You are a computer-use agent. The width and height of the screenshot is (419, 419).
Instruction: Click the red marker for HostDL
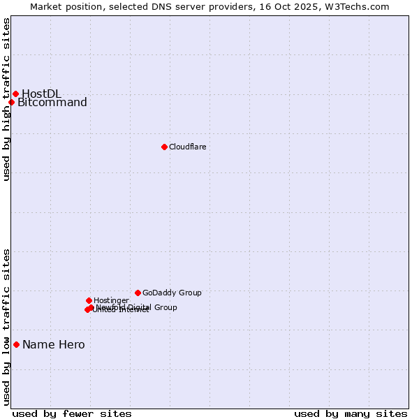pos(15,94)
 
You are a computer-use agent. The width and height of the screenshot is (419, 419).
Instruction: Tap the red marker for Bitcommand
pos(11,103)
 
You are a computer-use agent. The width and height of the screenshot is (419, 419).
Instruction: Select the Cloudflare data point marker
pos(164,147)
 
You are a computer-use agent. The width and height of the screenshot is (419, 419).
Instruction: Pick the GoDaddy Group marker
pos(138,293)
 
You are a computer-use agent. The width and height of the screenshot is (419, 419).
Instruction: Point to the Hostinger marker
pos(89,300)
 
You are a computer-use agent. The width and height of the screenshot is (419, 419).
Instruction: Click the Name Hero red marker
pos(16,344)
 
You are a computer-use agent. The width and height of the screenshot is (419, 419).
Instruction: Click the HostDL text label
pos(41,94)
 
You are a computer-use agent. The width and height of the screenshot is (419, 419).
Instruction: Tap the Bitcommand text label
pos(52,103)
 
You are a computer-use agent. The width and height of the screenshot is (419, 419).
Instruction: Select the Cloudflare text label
pos(187,147)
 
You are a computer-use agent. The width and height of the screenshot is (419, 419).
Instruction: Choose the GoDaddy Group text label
pos(172,293)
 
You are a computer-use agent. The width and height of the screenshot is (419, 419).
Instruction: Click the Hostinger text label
pos(111,300)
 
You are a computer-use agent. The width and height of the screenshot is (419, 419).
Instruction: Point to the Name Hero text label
pos(54,344)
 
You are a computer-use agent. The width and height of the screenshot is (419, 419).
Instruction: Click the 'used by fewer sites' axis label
pos(72,413)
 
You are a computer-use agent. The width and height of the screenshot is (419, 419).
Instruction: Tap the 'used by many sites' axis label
pos(351,413)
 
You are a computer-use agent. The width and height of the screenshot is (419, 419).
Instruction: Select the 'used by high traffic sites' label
pos(7,99)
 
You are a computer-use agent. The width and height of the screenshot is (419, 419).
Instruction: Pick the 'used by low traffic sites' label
pos(7,326)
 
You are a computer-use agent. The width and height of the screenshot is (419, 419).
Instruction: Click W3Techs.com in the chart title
pos(355,6)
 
